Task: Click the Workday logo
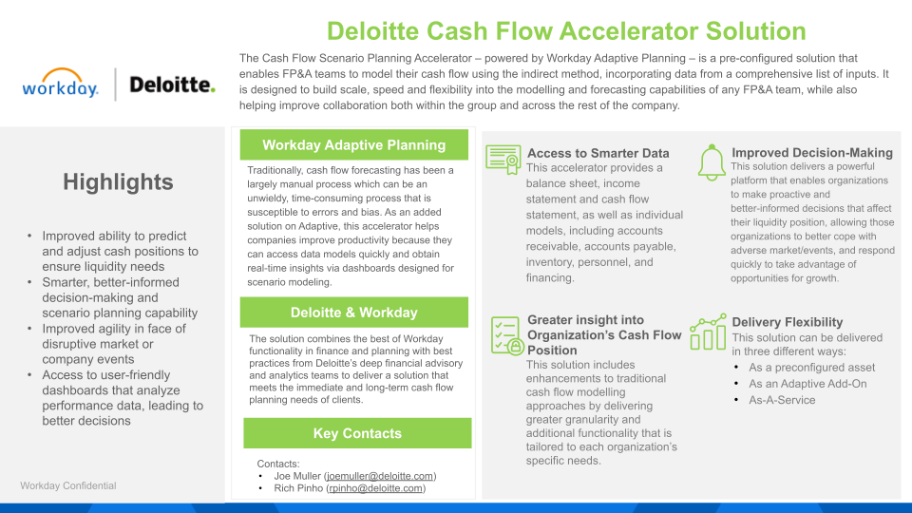(x=61, y=85)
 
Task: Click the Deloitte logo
(x=172, y=85)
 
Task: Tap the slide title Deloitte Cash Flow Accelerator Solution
(x=567, y=30)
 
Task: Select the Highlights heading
(x=118, y=182)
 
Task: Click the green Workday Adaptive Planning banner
(x=353, y=145)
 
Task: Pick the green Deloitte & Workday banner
(x=353, y=313)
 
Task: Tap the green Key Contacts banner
(x=357, y=433)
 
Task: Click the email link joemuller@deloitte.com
(x=380, y=476)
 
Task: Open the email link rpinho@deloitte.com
(x=375, y=488)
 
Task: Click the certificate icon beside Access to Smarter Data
(x=503, y=159)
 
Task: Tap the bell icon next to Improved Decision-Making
(x=711, y=161)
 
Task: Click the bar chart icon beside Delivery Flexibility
(x=708, y=332)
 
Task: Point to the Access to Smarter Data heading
(x=598, y=153)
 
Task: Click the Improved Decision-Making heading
(x=811, y=152)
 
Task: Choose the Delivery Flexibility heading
(x=787, y=322)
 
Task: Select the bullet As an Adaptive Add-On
(x=794, y=384)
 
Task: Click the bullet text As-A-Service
(x=782, y=400)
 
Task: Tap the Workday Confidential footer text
(x=68, y=485)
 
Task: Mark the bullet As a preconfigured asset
(x=811, y=368)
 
